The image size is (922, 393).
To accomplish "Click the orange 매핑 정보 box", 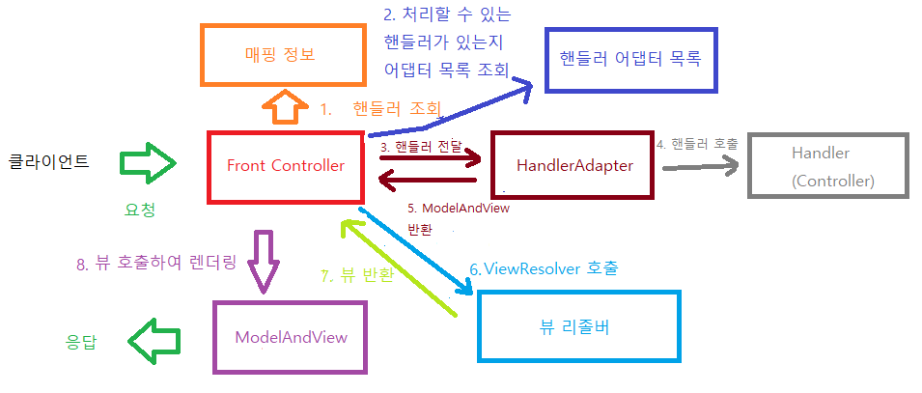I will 280,54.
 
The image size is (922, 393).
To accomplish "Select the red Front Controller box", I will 286,166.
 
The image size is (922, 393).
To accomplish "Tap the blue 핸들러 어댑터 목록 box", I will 630,57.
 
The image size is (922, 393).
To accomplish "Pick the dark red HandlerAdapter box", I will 573,166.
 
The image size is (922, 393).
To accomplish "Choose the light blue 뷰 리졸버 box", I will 579,326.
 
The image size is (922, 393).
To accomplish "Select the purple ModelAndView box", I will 291,336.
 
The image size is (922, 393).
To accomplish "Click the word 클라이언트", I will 49,161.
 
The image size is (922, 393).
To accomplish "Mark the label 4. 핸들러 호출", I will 697,144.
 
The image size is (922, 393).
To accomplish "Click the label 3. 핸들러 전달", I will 421,147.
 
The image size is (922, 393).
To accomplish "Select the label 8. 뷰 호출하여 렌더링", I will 155,263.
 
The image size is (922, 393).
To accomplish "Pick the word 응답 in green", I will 81,341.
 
